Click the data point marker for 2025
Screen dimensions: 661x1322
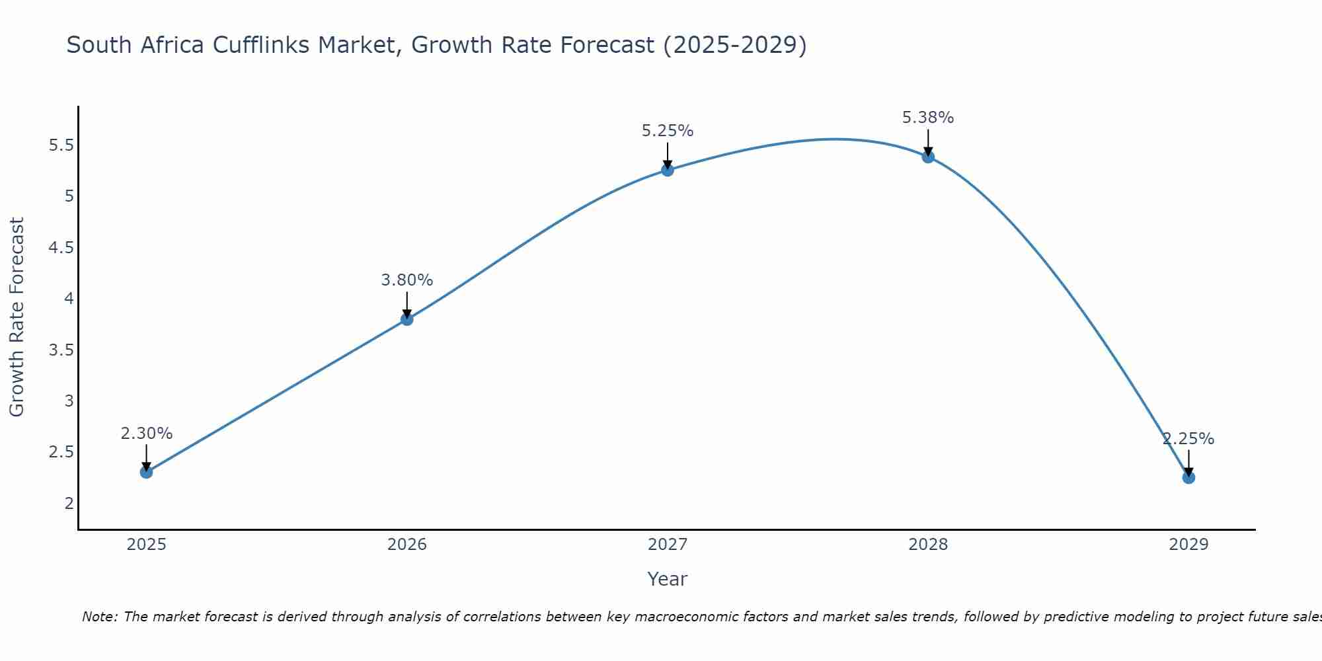point(146,472)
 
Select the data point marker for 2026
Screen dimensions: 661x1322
point(407,319)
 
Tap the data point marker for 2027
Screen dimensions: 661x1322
point(668,170)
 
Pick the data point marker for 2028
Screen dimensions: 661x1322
point(928,157)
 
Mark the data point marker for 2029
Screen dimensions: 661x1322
point(1188,477)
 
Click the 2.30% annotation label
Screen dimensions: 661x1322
point(146,434)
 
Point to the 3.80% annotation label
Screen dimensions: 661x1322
point(407,280)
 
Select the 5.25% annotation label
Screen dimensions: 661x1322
point(668,131)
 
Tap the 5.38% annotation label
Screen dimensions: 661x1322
point(928,118)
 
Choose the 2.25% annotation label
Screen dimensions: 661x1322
point(1188,439)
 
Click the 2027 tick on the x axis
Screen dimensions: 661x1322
point(668,545)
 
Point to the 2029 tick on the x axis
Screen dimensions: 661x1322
point(1188,545)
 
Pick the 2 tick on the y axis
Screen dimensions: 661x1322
point(69,503)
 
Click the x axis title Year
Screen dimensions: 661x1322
point(668,579)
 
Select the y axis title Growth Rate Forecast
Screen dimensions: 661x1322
point(17,317)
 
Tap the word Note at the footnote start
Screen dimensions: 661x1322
point(99,617)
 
